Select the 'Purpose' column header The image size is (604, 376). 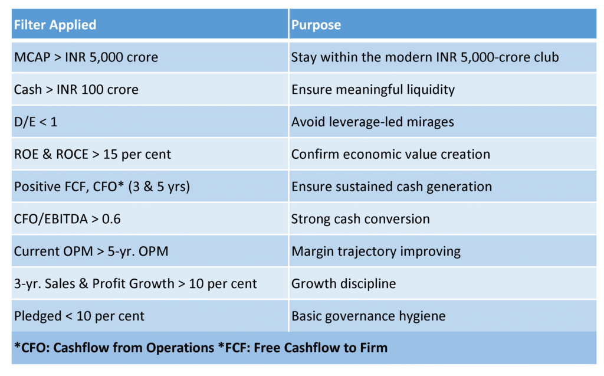316,25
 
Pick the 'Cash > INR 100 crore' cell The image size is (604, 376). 76,90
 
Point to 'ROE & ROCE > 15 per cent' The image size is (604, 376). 93,154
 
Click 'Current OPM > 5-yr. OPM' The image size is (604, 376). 91,251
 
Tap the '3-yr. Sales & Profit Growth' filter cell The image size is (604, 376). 136,283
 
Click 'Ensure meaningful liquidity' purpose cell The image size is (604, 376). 373,90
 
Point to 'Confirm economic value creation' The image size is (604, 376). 390,154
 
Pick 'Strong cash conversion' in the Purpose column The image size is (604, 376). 360,219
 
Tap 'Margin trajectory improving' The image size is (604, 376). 376,251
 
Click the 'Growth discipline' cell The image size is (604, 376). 343,283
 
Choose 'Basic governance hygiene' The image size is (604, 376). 368,316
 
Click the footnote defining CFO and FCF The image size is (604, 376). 201,347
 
